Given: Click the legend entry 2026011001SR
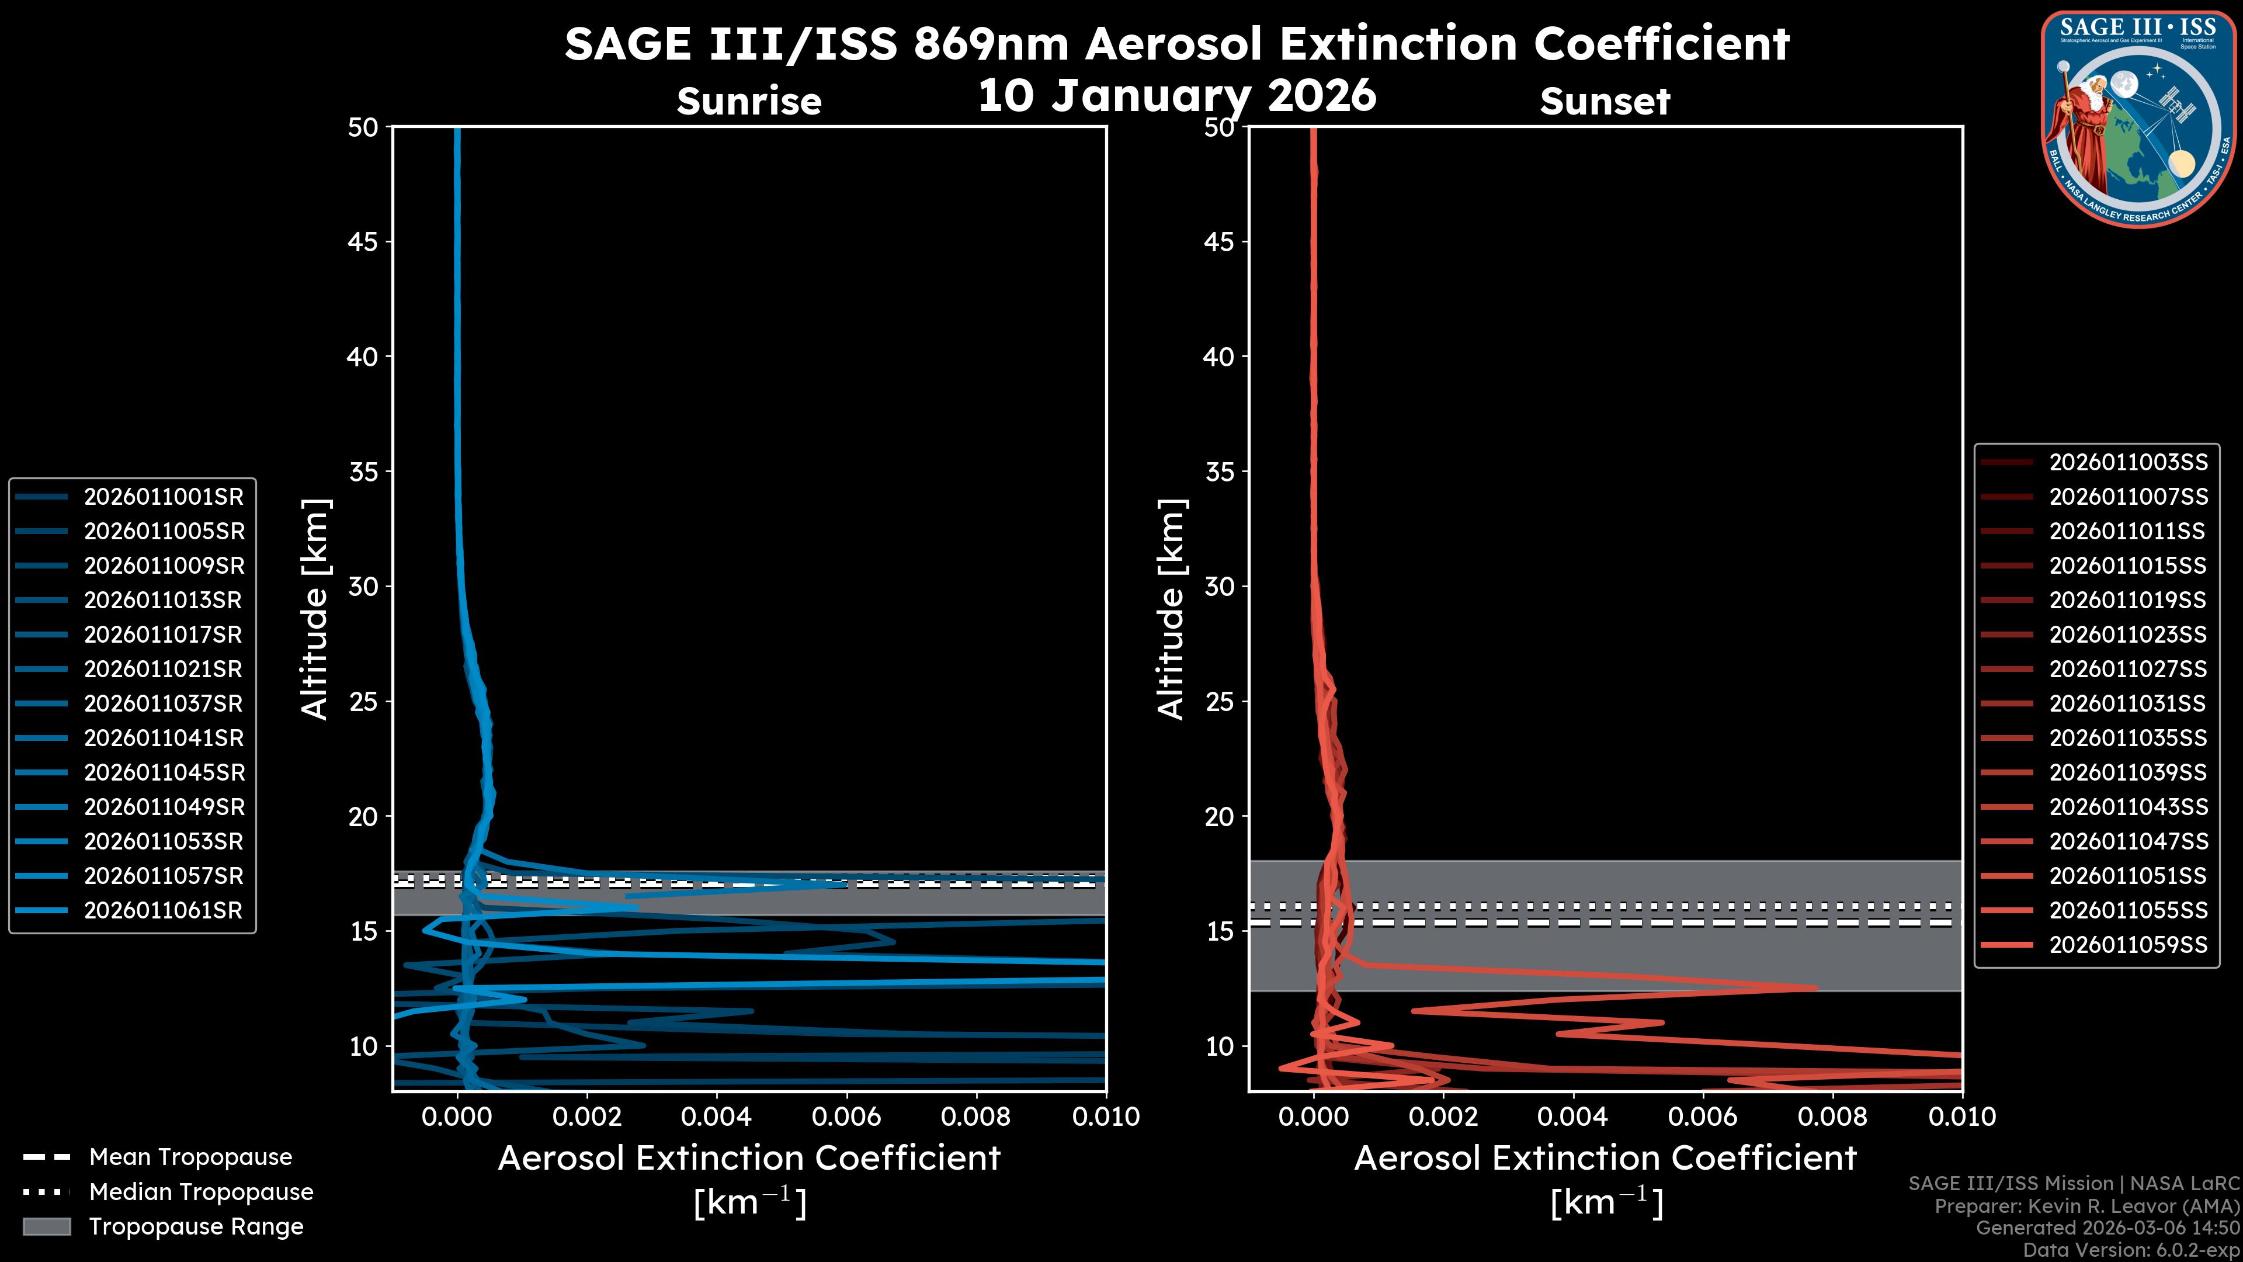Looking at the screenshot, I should pos(164,497).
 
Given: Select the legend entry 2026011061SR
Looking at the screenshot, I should pos(164,910).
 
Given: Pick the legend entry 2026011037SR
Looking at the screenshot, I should pos(164,703).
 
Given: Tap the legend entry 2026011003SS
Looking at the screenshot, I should pos(2127,462).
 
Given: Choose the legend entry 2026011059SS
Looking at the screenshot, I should pos(2127,944).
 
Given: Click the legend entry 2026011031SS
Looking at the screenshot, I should pos(2127,703).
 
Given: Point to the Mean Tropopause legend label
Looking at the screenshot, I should pos(190,1157).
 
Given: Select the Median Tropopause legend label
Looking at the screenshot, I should pos(201,1191).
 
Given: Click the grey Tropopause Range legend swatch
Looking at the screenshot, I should pos(46,1226).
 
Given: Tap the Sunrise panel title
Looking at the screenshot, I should pos(749,101).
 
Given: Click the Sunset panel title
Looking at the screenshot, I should pos(1605,101).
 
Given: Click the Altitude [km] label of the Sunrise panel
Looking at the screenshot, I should pos(315,609).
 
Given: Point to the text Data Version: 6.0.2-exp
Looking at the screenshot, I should pos(2131,1250).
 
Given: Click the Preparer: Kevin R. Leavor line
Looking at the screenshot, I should pos(2086,1205).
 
